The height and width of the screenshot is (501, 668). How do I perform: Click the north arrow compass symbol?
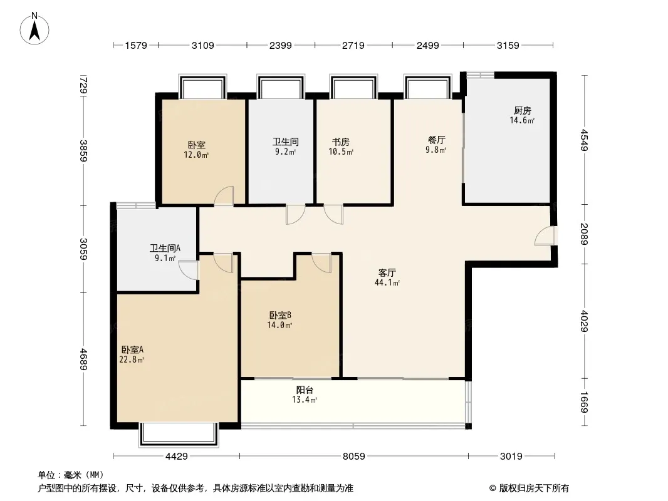coord(34,29)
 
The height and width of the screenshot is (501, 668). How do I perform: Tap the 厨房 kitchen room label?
coord(522,111)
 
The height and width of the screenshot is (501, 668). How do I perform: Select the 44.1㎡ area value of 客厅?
coord(387,282)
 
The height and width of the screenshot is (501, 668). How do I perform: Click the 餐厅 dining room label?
coord(436,140)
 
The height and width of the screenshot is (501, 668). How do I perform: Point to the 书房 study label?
coord(341,142)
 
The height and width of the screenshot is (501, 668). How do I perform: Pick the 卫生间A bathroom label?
coord(165,248)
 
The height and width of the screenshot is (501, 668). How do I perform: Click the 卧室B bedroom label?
coord(280,316)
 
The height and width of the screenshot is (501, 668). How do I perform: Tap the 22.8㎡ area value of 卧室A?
coord(132,360)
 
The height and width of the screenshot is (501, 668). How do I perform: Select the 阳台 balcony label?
coord(305,390)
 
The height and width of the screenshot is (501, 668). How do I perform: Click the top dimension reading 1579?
coord(136,45)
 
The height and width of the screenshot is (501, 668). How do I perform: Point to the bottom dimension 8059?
coord(354,457)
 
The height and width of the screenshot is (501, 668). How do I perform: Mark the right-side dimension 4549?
coord(584,140)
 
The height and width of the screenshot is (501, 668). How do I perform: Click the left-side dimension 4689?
coord(83,359)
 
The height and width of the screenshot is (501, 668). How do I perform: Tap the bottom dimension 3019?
coord(511,457)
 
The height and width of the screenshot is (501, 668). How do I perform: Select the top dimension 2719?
coord(353,45)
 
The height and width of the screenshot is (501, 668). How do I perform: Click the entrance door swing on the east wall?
coord(545,236)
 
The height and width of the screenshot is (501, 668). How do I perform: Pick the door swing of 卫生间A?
coord(188,270)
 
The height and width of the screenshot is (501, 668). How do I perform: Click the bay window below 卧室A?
coord(179,434)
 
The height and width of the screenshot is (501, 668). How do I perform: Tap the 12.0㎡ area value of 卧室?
coord(196,155)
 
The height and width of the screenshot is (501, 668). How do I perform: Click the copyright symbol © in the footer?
coord(493,488)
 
